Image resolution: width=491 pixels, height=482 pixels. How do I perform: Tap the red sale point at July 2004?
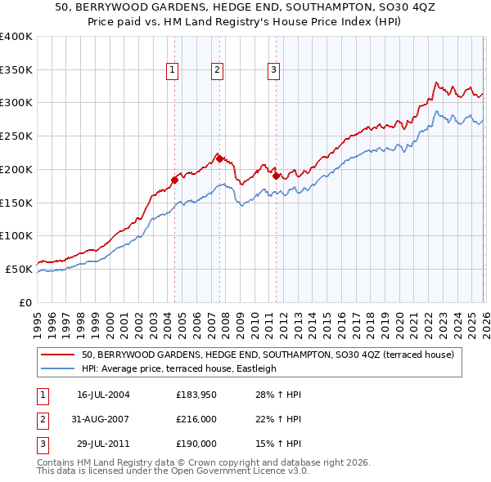[x=174, y=180]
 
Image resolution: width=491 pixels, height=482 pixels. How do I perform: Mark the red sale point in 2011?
[x=276, y=176]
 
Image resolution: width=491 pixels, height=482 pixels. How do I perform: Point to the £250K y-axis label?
[x=16, y=136]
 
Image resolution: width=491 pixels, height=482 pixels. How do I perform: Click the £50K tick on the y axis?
[x=18, y=269]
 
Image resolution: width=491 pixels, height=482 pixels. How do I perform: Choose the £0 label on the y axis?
[x=25, y=302]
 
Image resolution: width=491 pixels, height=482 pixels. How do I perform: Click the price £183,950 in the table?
[x=196, y=395]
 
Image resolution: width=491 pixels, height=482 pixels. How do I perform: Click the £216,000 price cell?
[x=196, y=419]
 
